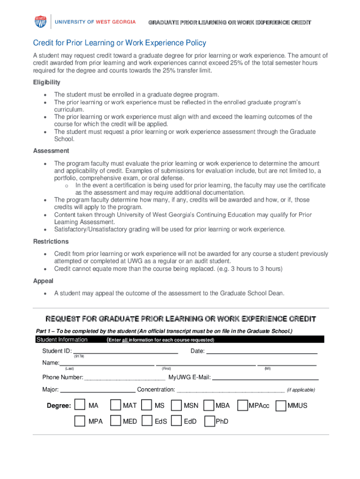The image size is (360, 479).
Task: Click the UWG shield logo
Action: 41,22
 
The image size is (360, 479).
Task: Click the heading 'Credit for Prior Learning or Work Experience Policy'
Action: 119,43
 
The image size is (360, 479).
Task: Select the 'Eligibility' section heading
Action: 47,82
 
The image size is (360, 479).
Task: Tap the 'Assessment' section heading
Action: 51,151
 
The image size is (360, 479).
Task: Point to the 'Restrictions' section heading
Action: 50,241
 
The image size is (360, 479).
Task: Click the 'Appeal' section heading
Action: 43,281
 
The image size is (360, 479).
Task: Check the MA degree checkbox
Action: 80,405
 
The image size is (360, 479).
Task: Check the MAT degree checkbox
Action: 115,405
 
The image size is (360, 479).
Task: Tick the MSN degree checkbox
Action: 176,405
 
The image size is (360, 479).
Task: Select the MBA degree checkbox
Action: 209,405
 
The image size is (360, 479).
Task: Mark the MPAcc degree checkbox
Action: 243,405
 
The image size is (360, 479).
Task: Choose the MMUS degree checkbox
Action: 281,405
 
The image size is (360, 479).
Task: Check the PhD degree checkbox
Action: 209,421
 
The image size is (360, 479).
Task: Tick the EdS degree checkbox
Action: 147,421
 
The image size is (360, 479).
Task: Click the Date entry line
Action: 262,351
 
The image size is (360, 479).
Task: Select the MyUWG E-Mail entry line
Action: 266,377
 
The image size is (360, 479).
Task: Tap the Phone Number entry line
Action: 124,377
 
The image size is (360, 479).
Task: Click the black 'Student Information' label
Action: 62,340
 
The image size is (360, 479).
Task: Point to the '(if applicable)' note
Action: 301,390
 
